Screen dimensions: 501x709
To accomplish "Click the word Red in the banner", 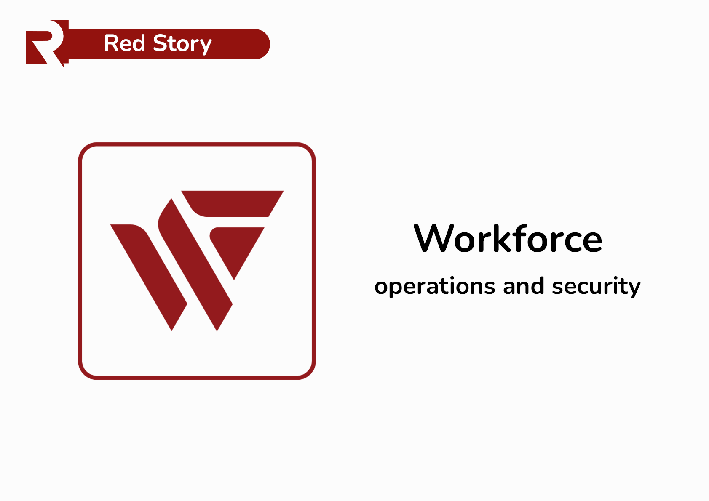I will [124, 43].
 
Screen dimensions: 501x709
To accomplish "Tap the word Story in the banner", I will [182, 44].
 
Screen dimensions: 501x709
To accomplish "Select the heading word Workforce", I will [508, 239].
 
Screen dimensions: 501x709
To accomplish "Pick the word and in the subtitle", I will [524, 286].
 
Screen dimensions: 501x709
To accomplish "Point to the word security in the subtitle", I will [596, 287].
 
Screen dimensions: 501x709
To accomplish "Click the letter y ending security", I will [634, 288].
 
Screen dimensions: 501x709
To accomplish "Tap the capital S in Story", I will [161, 43].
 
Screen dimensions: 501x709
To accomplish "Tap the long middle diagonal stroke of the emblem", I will [196, 265].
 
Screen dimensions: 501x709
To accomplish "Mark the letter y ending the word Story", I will [205, 46].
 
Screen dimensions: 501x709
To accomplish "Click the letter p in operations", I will [395, 288].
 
